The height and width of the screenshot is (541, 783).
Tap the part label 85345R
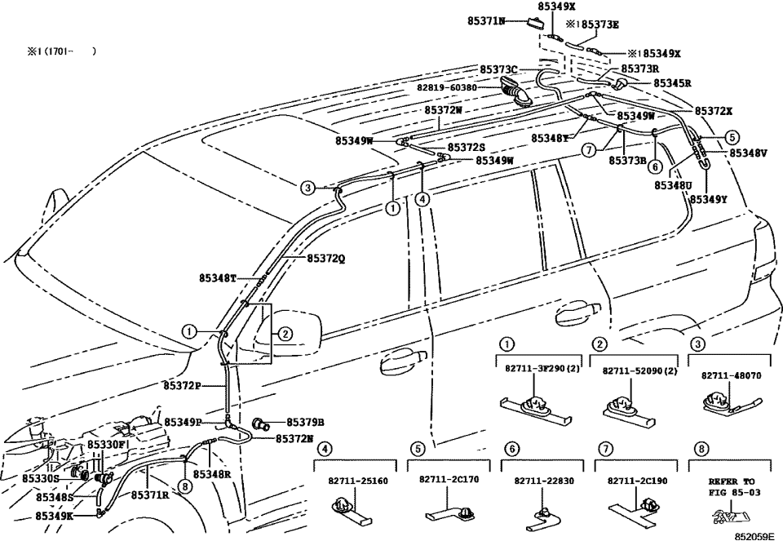tap(672, 83)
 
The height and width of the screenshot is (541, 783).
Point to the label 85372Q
tap(325, 258)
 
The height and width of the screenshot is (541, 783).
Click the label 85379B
tap(305, 422)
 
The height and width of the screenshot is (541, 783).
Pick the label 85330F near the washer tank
tap(107, 445)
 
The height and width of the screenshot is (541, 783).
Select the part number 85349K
tap(55, 517)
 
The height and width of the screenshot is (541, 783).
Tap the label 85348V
tap(748, 153)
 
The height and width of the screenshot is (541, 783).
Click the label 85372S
tap(466, 147)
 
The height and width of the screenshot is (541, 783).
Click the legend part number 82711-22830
tap(539, 481)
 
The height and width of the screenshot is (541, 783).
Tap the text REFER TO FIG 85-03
tap(732, 487)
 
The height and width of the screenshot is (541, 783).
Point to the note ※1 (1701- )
tap(62, 51)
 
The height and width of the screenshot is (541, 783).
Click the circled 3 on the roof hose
tap(307, 188)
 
